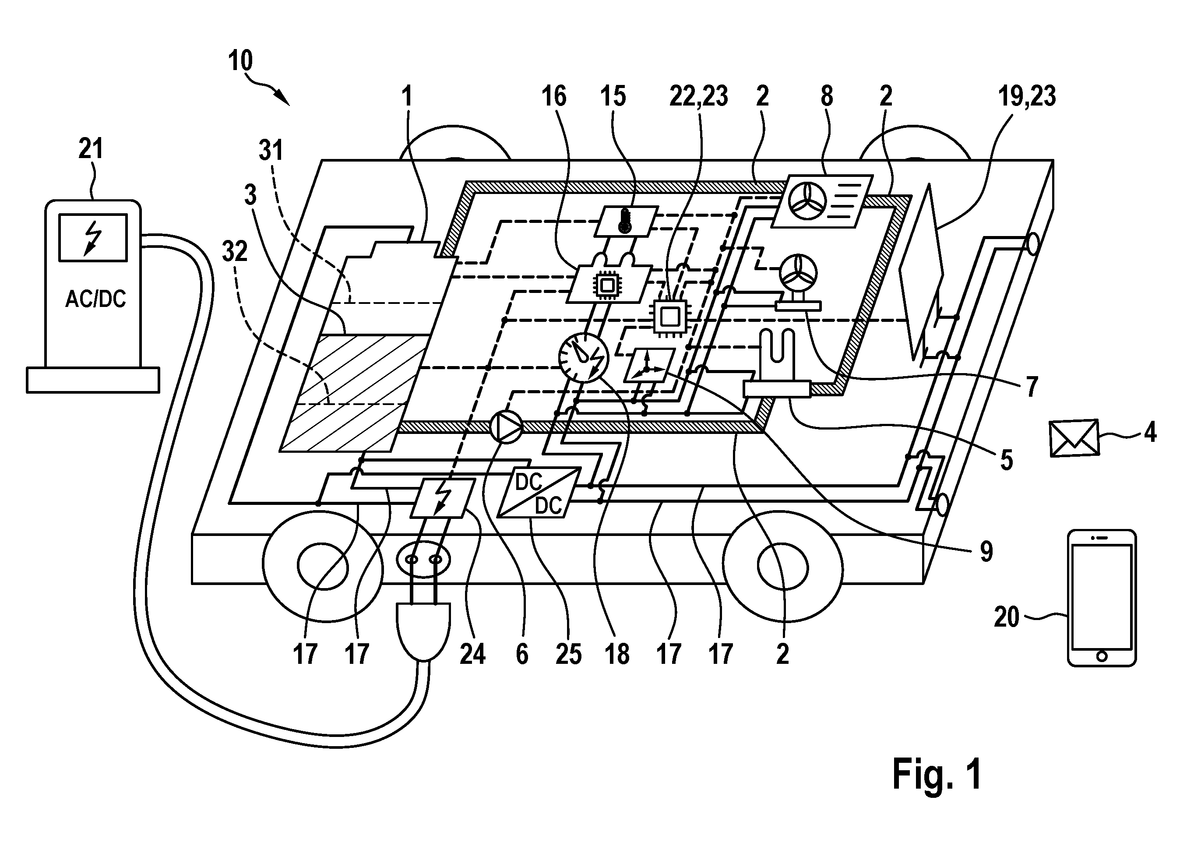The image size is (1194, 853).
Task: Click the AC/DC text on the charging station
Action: [95, 299]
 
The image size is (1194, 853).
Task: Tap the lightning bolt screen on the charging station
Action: [93, 237]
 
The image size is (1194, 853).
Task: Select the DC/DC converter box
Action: [539, 493]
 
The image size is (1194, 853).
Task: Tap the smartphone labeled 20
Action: [1102, 598]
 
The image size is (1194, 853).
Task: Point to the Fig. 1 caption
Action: [937, 774]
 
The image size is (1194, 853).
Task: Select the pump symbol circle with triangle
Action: [506, 426]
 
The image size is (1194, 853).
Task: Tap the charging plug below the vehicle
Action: [424, 630]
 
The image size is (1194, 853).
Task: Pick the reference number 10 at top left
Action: [240, 61]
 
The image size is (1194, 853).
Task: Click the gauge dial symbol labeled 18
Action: [583, 358]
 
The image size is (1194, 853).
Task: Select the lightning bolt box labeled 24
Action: [443, 498]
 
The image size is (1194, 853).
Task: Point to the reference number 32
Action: [235, 252]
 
